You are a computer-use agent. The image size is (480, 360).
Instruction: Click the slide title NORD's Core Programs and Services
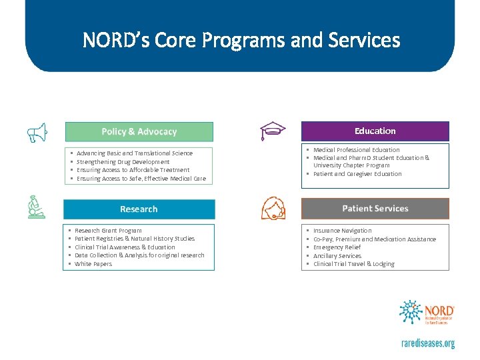(241, 41)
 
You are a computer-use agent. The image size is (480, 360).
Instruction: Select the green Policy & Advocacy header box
(139, 131)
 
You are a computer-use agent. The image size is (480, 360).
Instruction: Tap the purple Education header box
(375, 131)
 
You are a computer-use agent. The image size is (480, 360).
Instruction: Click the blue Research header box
(139, 209)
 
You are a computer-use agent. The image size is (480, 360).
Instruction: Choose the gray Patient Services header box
(375, 209)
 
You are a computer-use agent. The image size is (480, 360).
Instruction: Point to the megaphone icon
(38, 133)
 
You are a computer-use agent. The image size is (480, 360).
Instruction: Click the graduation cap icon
(271, 132)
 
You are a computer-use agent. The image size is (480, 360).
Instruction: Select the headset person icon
(275, 209)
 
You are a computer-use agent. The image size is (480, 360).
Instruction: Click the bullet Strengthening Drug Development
(123, 162)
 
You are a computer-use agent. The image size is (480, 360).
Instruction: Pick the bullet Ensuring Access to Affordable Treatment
(133, 170)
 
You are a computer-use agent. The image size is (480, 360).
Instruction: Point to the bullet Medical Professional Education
(356, 150)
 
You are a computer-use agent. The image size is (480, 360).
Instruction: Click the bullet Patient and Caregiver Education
(357, 174)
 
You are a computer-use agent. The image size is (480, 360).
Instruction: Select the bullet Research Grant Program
(108, 231)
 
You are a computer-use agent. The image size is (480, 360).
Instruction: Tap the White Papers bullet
(93, 264)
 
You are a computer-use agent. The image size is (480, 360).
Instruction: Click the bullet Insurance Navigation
(342, 231)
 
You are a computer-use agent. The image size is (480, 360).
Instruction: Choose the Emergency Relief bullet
(337, 247)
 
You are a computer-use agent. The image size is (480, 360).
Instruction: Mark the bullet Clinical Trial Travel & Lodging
(353, 264)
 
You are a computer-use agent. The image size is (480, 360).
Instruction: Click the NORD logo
(427, 313)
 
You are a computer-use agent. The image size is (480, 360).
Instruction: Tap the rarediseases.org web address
(427, 343)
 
